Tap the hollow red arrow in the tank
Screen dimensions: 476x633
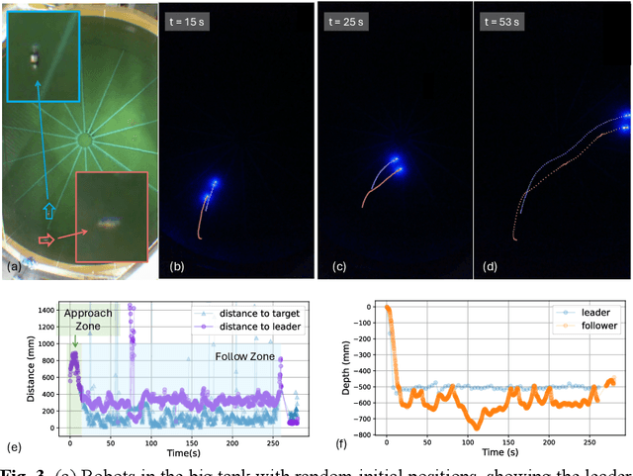click(x=45, y=238)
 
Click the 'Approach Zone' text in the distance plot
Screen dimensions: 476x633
click(x=89, y=319)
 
